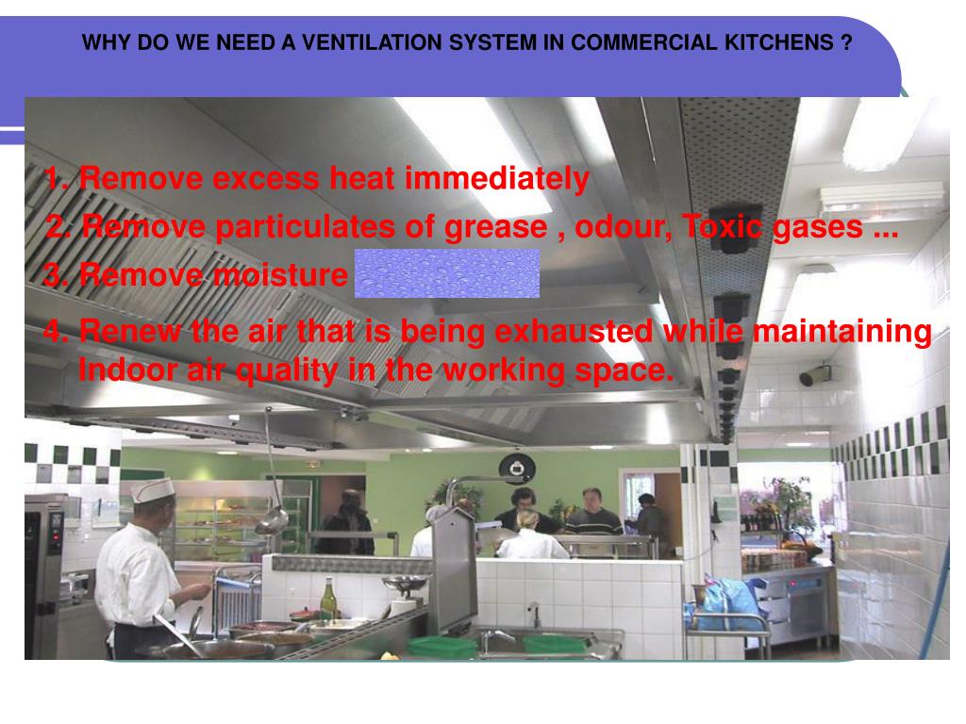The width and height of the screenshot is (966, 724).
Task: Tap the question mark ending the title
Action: tap(848, 43)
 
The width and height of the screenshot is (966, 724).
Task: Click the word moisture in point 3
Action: tap(279, 275)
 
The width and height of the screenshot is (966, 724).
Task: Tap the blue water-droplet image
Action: tap(446, 273)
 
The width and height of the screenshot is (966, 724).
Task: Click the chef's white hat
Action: tap(153, 489)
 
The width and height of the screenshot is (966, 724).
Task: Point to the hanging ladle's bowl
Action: tap(273, 519)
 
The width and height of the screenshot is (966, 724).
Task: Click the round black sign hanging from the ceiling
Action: tap(516, 466)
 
